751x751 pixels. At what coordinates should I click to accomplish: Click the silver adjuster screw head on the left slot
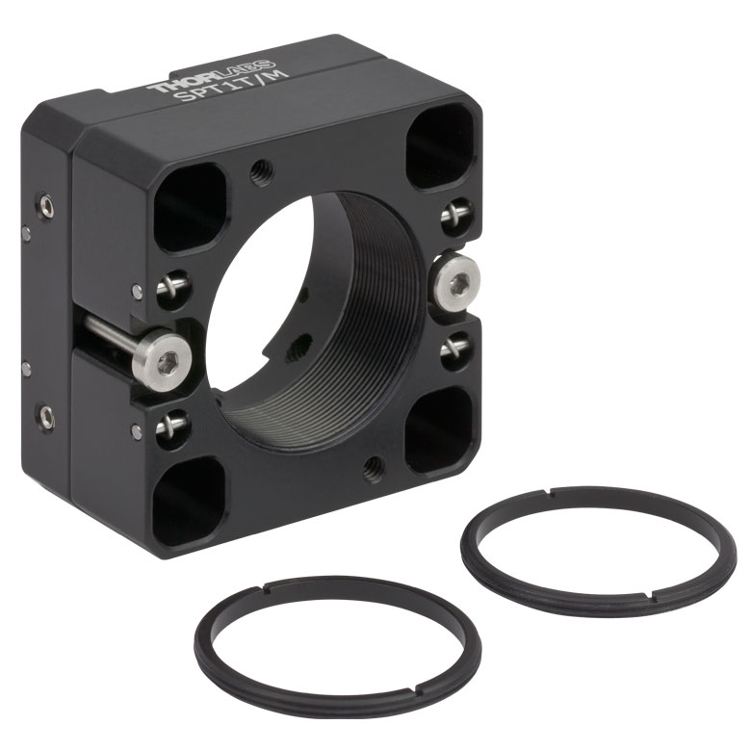(x=162, y=357)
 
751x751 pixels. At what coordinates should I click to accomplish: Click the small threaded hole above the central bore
(x=263, y=168)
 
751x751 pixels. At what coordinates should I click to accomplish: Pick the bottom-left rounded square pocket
(x=188, y=502)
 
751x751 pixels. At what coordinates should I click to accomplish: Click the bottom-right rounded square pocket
(x=440, y=428)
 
